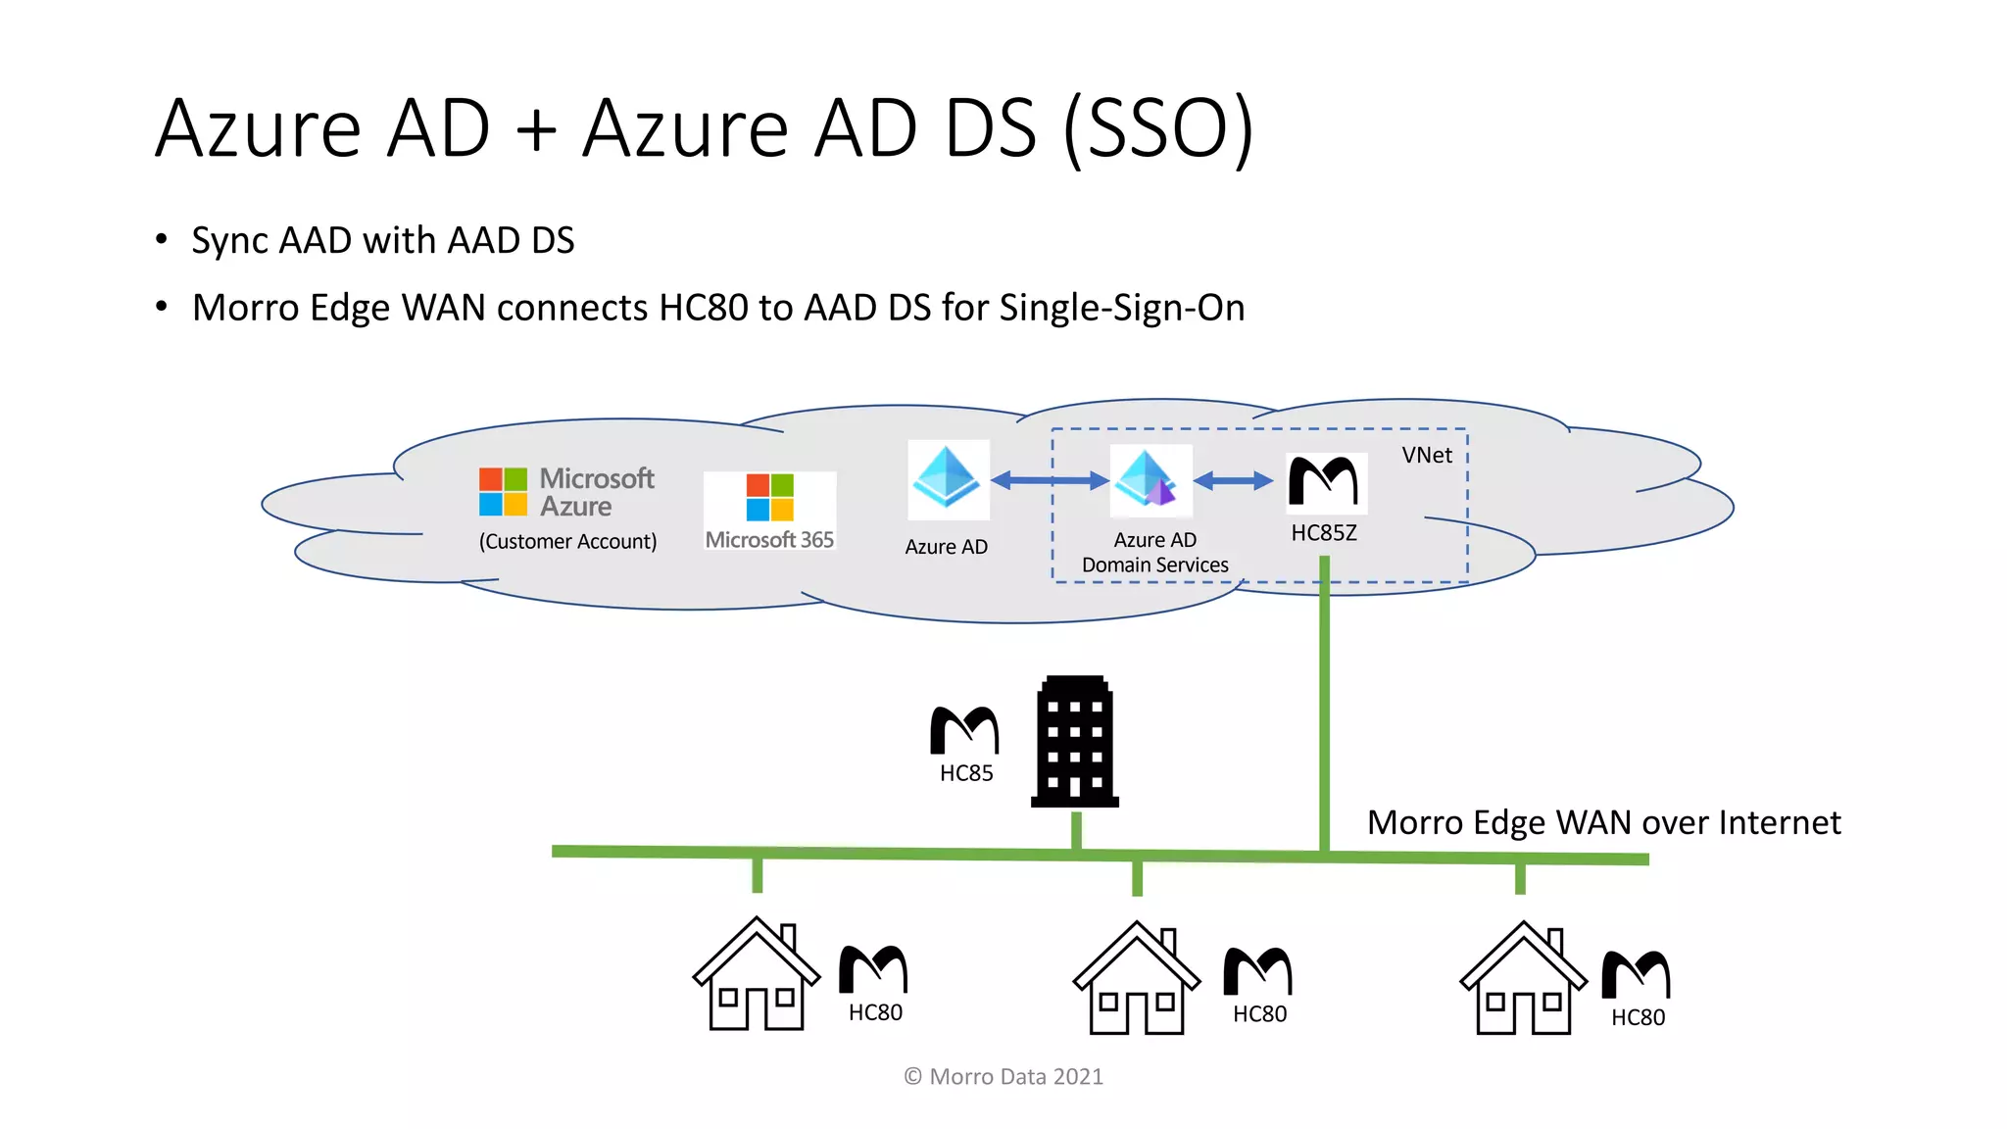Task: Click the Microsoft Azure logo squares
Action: [503, 491]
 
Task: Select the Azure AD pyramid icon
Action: [947, 477]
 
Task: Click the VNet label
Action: [1426, 455]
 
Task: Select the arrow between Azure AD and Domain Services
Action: [1050, 480]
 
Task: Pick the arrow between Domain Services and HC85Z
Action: [1233, 480]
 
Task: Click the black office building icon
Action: [1075, 742]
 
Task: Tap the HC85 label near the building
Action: [966, 773]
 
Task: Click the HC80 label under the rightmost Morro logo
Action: [1638, 1017]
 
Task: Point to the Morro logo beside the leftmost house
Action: [873, 969]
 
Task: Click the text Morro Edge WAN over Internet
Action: [1603, 822]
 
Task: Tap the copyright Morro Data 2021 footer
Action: [1003, 1076]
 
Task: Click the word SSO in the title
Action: [1158, 128]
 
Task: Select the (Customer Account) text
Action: [567, 541]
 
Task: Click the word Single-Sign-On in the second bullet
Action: [1122, 308]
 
